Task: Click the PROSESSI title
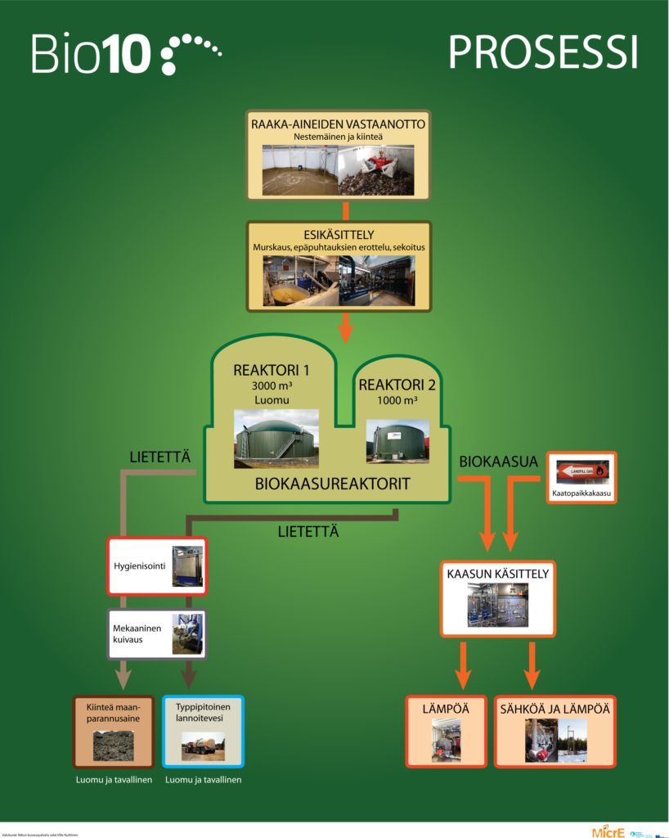click(542, 52)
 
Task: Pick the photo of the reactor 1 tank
click(275, 439)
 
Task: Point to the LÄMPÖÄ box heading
click(446, 708)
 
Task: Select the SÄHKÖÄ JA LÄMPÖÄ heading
click(555, 708)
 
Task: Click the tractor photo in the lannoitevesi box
click(203, 745)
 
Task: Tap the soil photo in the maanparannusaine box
click(115, 745)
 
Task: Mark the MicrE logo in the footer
click(609, 831)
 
